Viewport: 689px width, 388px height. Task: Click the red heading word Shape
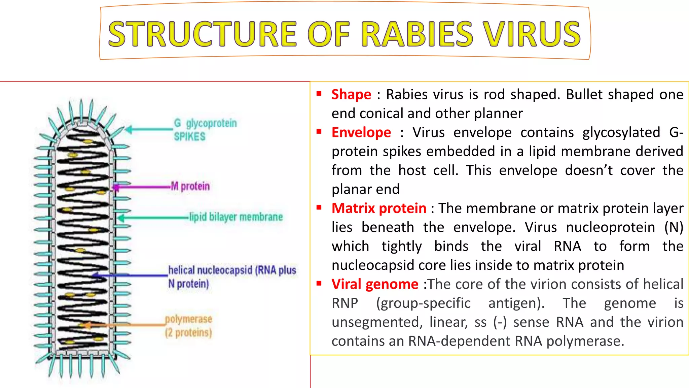(351, 95)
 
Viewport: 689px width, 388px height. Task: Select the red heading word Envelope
(361, 133)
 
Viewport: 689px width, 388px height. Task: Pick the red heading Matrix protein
(379, 208)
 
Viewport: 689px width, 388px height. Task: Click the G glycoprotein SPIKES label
(205, 130)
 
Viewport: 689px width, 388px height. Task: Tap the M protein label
(190, 186)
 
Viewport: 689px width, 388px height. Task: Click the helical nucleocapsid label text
(232, 277)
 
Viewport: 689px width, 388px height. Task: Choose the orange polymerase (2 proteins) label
(188, 326)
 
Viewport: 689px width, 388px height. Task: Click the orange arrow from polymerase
(124, 325)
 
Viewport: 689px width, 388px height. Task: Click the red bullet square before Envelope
(319, 132)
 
